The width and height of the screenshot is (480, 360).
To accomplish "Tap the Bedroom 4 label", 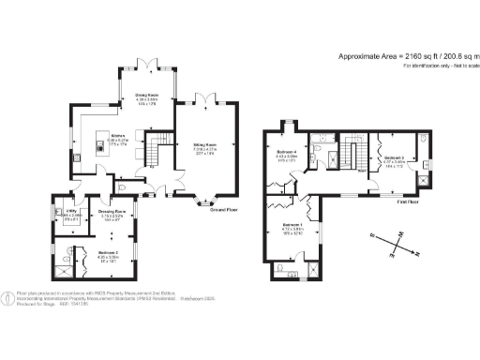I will (287, 152).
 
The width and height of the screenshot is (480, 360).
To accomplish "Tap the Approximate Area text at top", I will (404, 56).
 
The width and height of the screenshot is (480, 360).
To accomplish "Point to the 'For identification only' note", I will (435, 67).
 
